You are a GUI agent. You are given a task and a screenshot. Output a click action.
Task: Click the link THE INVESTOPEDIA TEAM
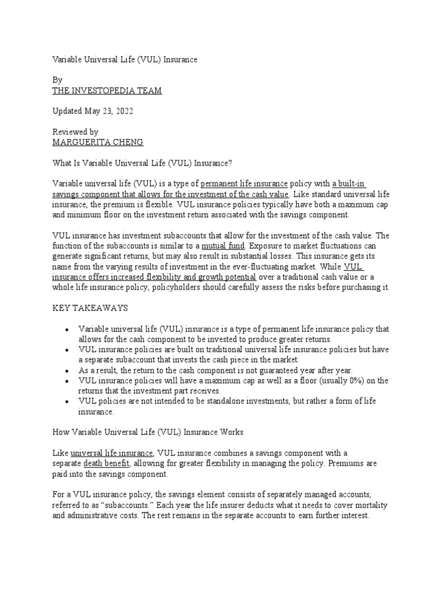[107, 91]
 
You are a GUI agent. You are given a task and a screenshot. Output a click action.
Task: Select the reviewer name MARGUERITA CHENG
[97, 142]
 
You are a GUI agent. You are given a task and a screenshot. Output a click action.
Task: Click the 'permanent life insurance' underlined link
[244, 184]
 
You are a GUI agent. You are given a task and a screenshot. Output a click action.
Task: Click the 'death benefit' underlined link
[107, 464]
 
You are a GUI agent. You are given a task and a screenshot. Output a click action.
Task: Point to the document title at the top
[125, 60]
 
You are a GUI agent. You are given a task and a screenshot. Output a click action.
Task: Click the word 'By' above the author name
[57, 80]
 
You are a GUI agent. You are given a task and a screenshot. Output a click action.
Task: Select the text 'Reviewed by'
[75, 132]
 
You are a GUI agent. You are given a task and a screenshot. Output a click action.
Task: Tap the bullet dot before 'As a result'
[67, 371]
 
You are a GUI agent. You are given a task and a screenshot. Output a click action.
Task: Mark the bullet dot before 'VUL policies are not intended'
[67, 402]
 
